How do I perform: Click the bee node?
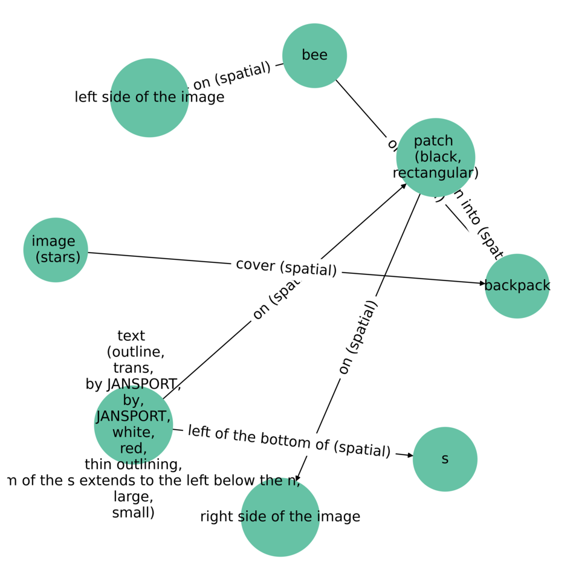point(314,56)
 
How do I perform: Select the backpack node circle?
point(517,286)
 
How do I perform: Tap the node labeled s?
point(445,459)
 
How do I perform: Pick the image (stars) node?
point(56,250)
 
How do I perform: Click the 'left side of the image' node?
point(149,97)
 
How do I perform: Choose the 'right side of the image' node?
point(280,517)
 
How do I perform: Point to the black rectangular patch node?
point(435,157)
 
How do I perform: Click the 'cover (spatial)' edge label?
point(286,267)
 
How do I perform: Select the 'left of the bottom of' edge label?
point(289,441)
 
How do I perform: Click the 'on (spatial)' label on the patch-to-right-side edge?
point(357,337)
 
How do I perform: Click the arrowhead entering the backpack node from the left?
point(482,283)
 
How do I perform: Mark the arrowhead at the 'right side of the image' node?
point(298,477)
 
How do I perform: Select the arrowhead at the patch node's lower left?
point(404,186)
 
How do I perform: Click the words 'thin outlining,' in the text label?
point(133,464)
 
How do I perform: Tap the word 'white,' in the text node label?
point(133,432)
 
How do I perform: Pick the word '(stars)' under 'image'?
point(58,257)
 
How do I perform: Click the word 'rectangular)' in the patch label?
point(435,173)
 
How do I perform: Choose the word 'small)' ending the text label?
point(133,513)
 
